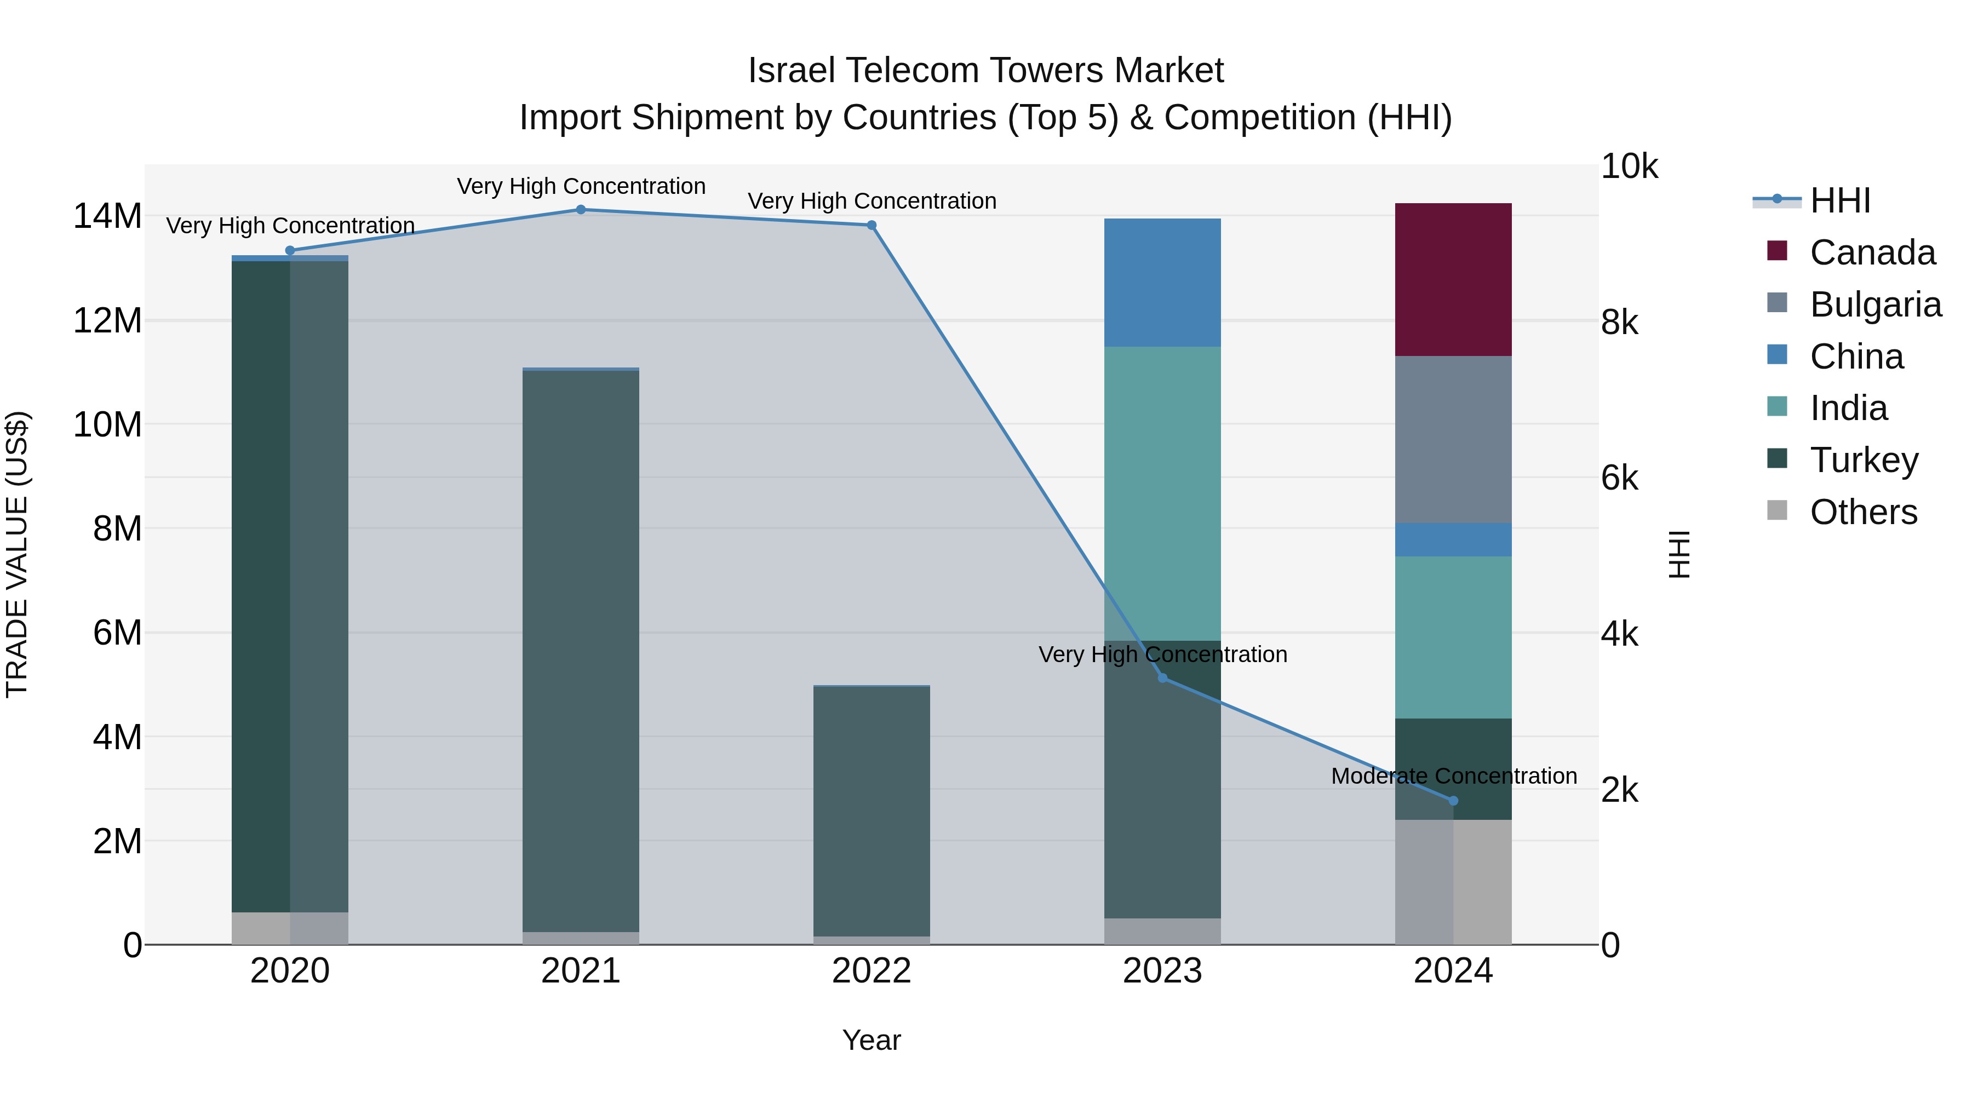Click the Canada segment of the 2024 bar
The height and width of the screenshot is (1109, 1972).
click(x=1452, y=279)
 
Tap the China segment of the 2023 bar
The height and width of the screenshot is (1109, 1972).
click(x=1162, y=283)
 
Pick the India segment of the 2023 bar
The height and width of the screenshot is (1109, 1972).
click(x=1162, y=493)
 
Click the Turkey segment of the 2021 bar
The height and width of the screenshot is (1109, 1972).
click(x=580, y=651)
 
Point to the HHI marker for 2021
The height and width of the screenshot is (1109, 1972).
click(x=580, y=210)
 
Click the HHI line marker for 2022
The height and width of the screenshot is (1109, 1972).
click(x=871, y=226)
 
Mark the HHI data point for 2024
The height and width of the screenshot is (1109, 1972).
click(x=1453, y=801)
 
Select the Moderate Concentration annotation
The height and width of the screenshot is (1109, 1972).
click(x=1453, y=776)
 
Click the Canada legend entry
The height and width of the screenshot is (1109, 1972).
click(x=1872, y=252)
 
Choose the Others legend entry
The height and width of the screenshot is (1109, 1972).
click(x=1862, y=512)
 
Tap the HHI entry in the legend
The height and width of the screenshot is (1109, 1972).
click(x=1839, y=200)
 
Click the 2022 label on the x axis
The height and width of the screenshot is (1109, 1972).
click(x=871, y=971)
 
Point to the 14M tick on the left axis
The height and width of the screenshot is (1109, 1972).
click(x=107, y=216)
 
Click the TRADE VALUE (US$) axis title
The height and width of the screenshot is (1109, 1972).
click(x=17, y=554)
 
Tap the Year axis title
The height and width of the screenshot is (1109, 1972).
click(x=871, y=1040)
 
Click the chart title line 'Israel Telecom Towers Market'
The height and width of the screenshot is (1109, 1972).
click(x=985, y=71)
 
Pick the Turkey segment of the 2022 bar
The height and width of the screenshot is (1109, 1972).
click(x=871, y=811)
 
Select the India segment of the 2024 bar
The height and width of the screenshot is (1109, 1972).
click(x=1452, y=637)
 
